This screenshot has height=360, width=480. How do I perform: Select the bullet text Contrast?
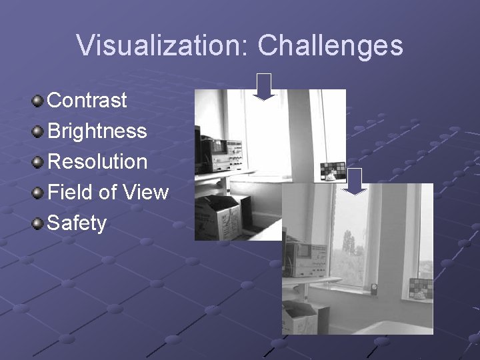[x=87, y=100]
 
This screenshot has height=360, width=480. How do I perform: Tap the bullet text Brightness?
[x=97, y=131]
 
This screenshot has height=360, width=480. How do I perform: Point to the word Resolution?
[x=97, y=161]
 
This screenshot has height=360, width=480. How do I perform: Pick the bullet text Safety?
[x=77, y=223]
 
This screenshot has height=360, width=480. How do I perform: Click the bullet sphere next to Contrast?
[x=39, y=101]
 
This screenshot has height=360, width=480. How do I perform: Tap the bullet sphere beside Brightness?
[x=39, y=131]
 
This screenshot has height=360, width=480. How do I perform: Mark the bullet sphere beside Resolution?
[x=39, y=162]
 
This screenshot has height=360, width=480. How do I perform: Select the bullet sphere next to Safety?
[x=39, y=223]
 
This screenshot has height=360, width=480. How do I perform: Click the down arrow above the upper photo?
[x=265, y=86]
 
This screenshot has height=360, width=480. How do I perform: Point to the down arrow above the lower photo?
[x=356, y=181]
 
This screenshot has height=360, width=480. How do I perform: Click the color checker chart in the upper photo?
[x=333, y=171]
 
